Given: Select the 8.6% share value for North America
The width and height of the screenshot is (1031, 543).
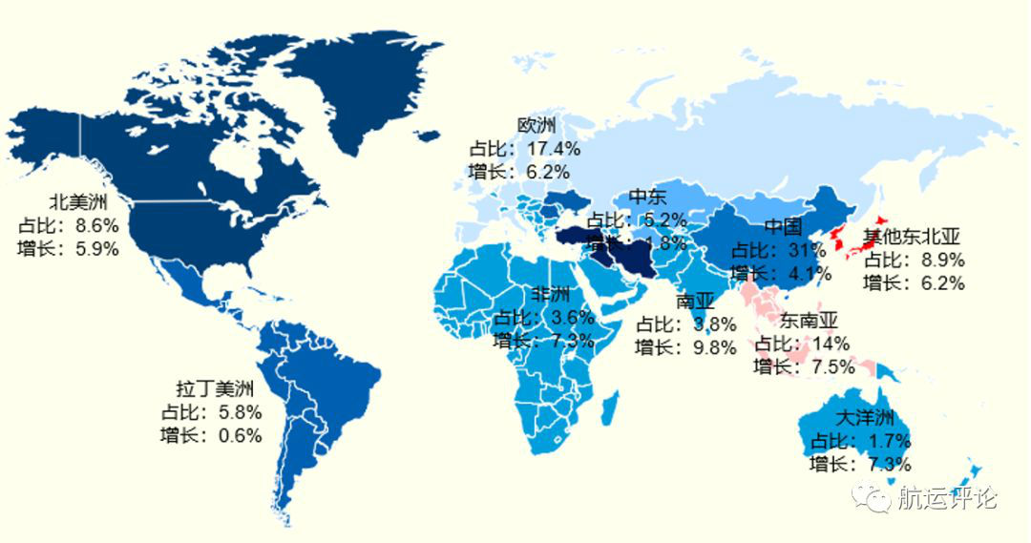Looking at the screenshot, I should pyautogui.click(x=95, y=226).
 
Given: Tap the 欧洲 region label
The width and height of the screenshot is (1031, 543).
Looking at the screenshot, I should pyautogui.click(x=537, y=125).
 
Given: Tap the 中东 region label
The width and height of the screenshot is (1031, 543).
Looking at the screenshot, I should pyautogui.click(x=648, y=197).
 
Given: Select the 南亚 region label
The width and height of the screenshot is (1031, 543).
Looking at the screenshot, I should pyautogui.click(x=694, y=302).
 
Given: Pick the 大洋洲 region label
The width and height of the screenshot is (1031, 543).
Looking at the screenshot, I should pyautogui.click(x=864, y=418).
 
